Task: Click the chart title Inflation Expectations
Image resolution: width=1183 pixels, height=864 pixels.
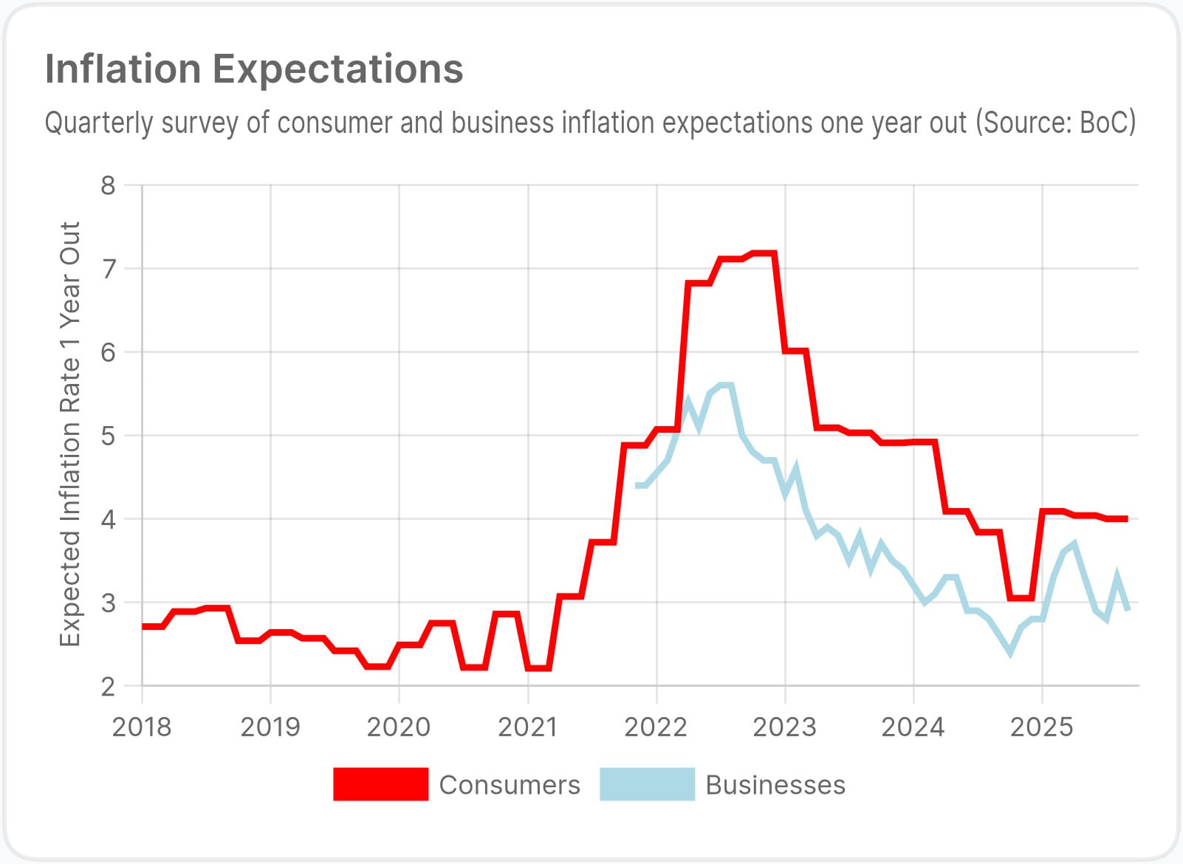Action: click(x=254, y=69)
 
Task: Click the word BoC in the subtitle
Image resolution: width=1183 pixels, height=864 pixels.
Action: click(x=1105, y=123)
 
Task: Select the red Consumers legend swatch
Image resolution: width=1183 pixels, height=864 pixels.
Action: click(x=380, y=784)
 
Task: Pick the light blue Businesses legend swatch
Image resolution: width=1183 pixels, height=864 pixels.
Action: click(x=647, y=784)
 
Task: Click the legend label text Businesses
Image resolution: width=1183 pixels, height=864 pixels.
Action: click(x=775, y=785)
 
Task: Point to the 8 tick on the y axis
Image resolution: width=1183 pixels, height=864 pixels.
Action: click(x=109, y=185)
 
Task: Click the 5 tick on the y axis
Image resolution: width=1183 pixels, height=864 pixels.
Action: click(x=109, y=436)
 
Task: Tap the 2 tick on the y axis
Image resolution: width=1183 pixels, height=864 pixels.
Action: click(x=109, y=686)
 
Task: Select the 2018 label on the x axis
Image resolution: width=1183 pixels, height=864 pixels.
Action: click(x=142, y=727)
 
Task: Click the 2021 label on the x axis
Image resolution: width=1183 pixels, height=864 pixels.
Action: click(x=527, y=727)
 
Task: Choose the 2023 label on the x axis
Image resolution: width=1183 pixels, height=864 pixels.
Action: click(x=784, y=727)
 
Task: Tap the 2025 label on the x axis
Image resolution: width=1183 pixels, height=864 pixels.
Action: click(x=1041, y=727)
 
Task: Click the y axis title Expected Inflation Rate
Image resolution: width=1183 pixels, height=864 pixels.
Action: click(x=70, y=434)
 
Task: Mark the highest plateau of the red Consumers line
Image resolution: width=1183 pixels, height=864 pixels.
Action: click(x=763, y=253)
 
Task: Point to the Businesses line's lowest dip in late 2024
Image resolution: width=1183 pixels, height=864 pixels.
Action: click(x=1009, y=652)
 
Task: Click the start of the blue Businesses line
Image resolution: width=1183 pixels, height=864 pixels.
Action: click(x=637, y=485)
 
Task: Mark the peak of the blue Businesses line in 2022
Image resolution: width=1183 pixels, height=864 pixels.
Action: click(x=725, y=385)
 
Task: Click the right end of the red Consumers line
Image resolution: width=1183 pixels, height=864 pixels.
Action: click(x=1127, y=519)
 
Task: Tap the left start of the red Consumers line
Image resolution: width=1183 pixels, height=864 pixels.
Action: click(x=143, y=626)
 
